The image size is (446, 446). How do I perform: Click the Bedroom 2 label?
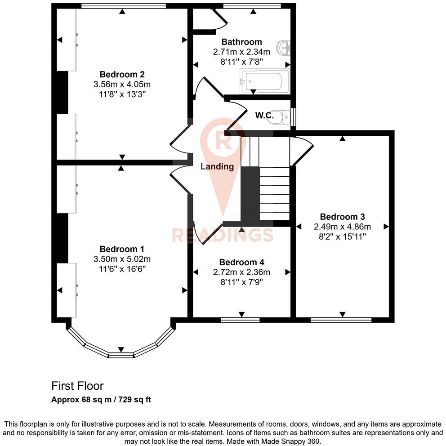122,74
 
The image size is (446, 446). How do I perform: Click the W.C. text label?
264,116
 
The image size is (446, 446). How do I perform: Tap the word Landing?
217,166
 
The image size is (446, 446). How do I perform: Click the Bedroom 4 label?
241,262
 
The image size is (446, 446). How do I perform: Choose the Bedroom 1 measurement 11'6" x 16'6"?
122,269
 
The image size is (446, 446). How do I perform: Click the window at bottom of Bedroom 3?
341,320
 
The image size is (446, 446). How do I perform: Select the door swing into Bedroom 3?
302,151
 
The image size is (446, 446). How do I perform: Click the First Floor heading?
77,386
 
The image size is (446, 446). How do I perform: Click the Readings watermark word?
223,235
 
